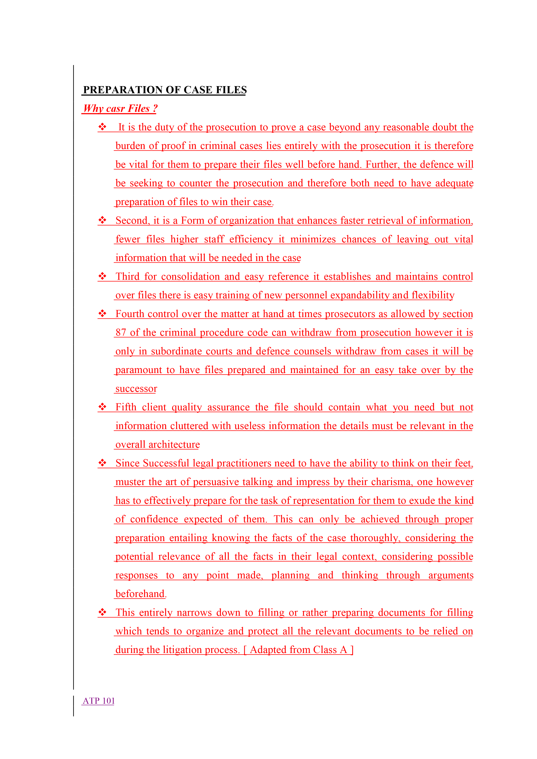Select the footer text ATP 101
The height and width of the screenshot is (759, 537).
(x=98, y=701)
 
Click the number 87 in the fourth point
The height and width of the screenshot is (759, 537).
(x=121, y=333)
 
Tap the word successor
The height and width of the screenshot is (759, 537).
(x=136, y=389)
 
